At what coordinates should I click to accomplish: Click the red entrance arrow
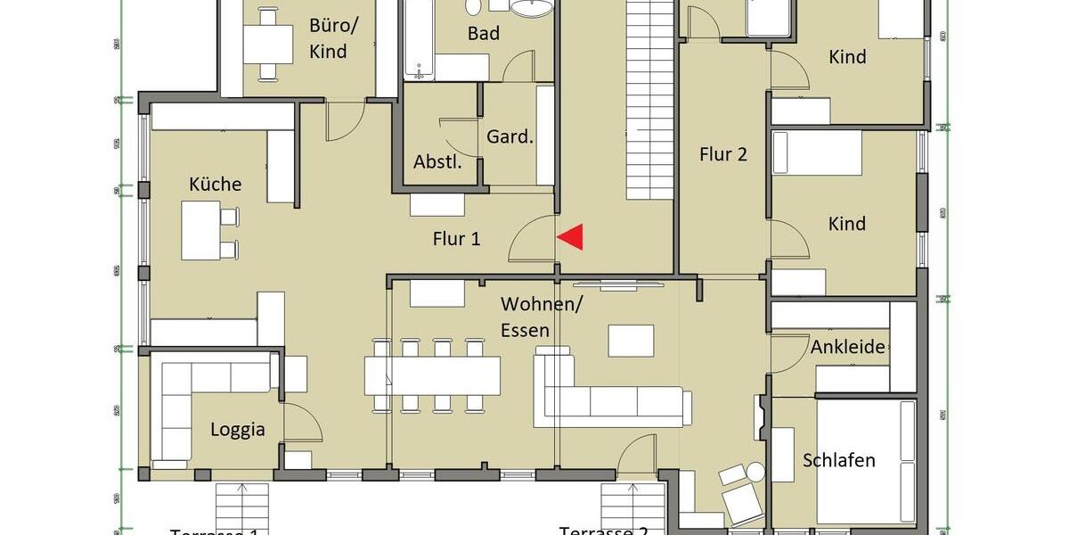point(571,236)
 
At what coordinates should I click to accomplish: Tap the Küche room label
point(216,185)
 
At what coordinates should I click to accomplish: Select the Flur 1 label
point(456,239)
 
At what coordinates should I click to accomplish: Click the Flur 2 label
point(722,154)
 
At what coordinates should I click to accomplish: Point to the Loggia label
point(238,430)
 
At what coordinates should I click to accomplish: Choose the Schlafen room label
point(838,460)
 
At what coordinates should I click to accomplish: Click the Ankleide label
point(848,347)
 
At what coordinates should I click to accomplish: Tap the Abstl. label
point(437,162)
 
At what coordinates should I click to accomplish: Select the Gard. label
point(510,137)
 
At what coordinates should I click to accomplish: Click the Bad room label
point(484,34)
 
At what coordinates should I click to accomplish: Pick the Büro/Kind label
point(328,37)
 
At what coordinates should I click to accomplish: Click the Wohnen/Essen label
point(541,317)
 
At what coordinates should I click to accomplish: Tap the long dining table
point(433,374)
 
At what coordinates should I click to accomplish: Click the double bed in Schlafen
point(866,462)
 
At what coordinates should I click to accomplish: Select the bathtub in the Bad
point(417,40)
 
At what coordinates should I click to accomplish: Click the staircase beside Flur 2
point(649,98)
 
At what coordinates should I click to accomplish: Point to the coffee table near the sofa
point(631,341)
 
